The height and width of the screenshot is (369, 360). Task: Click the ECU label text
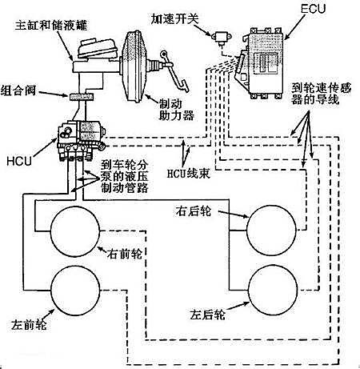pyautogui.click(x=313, y=9)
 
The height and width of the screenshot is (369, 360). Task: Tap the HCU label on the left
pyautogui.click(x=19, y=161)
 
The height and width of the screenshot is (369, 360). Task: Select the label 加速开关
pyautogui.click(x=174, y=19)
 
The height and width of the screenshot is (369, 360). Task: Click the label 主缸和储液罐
pyautogui.click(x=51, y=26)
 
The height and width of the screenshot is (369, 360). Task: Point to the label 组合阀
pyautogui.click(x=18, y=90)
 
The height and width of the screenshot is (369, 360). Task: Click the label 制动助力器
pyautogui.click(x=176, y=110)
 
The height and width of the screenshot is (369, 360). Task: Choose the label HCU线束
pyautogui.click(x=189, y=174)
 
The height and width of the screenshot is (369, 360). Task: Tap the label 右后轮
pyautogui.click(x=194, y=211)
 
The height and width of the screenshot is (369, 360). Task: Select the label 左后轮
pyautogui.click(x=207, y=315)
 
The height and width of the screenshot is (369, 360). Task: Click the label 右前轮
pyautogui.click(x=125, y=254)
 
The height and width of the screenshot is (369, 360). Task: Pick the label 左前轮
pyautogui.click(x=29, y=325)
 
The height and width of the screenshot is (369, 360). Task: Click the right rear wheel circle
pyautogui.click(x=271, y=231)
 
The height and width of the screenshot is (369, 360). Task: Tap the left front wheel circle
pyautogui.click(x=75, y=291)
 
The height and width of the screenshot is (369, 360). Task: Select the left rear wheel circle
pyautogui.click(x=273, y=290)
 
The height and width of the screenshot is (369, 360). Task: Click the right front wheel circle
pyautogui.click(x=75, y=231)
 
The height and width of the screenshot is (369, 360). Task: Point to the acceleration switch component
pyautogui.click(x=222, y=38)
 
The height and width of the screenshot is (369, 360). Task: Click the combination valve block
pyautogui.click(x=81, y=97)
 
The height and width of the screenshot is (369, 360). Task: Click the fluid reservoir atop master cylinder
pyautogui.click(x=98, y=49)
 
